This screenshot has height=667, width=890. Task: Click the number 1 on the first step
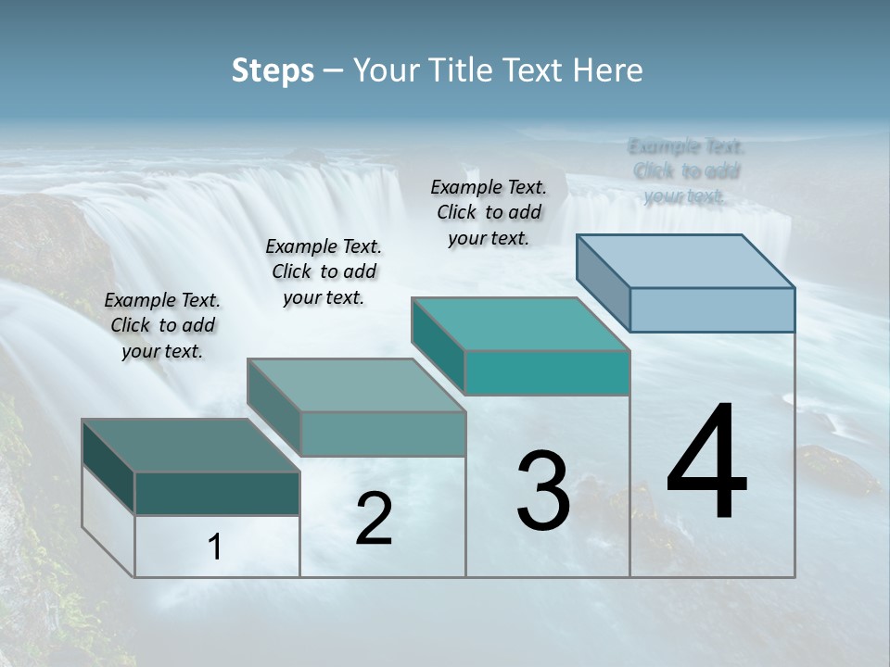point(215,547)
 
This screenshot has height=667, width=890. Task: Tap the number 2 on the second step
point(374,519)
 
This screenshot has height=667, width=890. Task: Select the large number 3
point(543,491)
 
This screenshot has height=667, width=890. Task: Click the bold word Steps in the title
point(273,70)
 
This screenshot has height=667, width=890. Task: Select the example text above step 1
point(162,325)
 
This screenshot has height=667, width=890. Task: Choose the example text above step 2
point(324,271)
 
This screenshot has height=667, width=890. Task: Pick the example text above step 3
point(489,212)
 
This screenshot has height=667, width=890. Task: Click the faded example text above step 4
point(686,170)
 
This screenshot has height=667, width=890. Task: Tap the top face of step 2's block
point(356,385)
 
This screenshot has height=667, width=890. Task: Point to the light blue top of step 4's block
point(686,260)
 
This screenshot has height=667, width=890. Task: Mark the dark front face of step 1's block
point(217,493)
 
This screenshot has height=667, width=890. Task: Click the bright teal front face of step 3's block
point(547,372)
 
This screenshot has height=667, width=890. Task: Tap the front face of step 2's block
point(382,434)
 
